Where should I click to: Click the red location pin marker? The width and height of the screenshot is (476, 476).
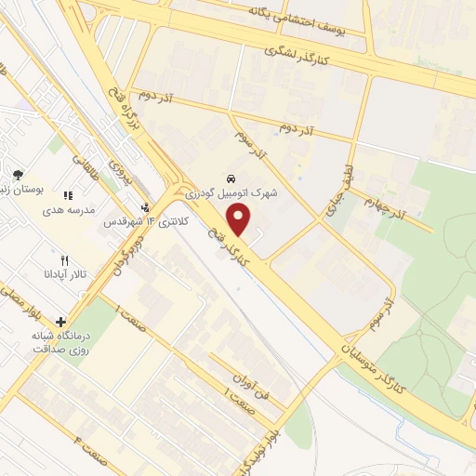[240, 220]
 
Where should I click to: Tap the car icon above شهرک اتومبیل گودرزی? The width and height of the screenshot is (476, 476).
[230, 178]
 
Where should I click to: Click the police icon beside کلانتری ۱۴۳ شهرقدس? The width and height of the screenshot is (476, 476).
[145, 208]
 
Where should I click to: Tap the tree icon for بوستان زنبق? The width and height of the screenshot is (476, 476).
[18, 174]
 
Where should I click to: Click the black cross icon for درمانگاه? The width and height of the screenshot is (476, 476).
[60, 321]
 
